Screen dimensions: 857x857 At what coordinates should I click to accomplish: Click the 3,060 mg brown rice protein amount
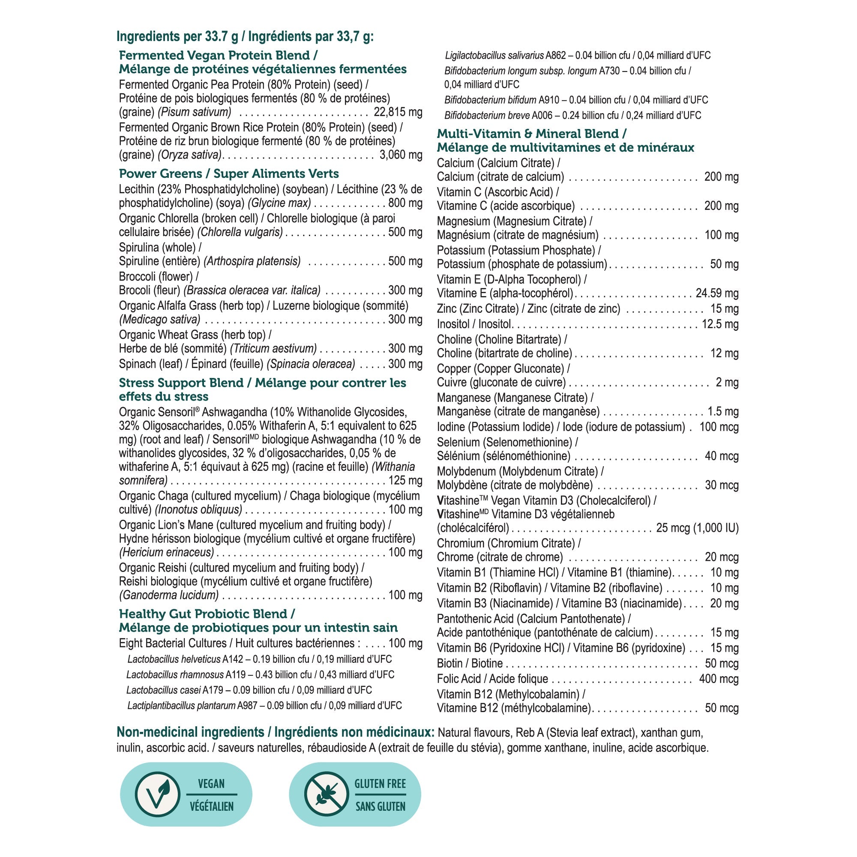pyautogui.click(x=401, y=155)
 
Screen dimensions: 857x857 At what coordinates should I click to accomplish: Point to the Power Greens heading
pyautogui.click(x=228, y=174)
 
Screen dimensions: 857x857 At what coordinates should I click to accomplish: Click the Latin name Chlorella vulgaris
pyautogui.click(x=240, y=232)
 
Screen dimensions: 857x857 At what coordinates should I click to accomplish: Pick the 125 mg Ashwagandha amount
pyautogui.click(x=405, y=480)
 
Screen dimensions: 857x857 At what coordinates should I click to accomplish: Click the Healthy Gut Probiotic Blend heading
pyautogui.click(x=207, y=614)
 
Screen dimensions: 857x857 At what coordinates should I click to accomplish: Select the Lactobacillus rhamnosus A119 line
pyautogui.click(x=260, y=675)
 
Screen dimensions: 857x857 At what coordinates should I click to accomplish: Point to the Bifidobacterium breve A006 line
pyautogui.click(x=572, y=115)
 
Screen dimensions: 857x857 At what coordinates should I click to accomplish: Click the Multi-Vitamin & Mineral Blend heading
pyautogui.click(x=531, y=134)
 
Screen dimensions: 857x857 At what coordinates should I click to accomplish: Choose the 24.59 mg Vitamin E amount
pyautogui.click(x=717, y=293)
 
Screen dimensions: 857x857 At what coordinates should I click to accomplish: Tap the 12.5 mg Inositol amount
pyautogui.click(x=720, y=324)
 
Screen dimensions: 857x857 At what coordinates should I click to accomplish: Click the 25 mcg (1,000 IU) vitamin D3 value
pyautogui.click(x=697, y=528)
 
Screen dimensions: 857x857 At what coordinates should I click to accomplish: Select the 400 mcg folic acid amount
pyautogui.click(x=719, y=679)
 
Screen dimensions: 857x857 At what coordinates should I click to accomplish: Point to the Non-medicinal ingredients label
pyautogui.click(x=275, y=732)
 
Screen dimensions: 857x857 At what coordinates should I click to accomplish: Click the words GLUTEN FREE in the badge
pyautogui.click(x=380, y=784)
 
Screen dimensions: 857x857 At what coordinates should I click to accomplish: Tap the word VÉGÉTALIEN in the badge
pyautogui.click(x=212, y=806)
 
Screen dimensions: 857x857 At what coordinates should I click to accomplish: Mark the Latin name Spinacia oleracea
pyautogui.click(x=311, y=364)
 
